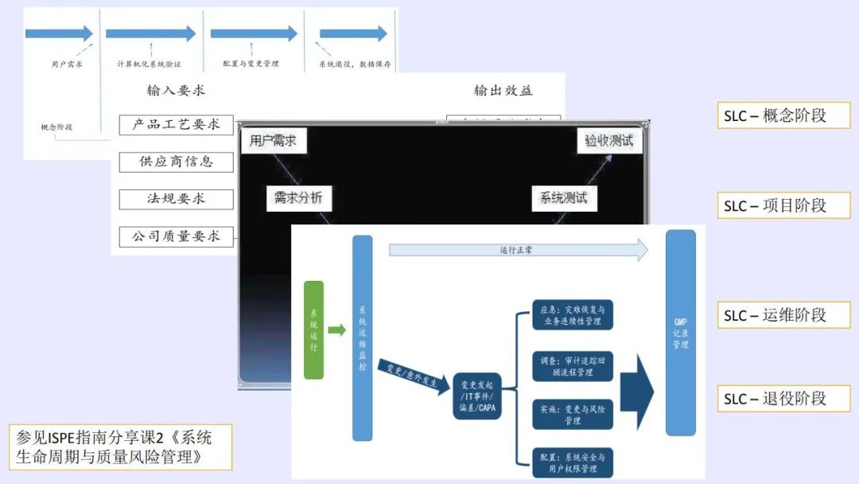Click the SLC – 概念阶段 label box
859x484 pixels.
pos(783,115)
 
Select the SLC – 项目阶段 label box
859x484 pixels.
pos(783,205)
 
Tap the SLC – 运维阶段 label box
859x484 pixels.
pos(783,315)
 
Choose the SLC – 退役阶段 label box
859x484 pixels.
pos(783,398)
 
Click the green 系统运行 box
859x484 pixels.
pos(313,330)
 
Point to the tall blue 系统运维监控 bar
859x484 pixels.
pos(362,338)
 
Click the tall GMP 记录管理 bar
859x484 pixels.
pos(680,333)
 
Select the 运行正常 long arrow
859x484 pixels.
pos(517,250)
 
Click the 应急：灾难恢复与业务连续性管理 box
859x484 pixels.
pos(572,315)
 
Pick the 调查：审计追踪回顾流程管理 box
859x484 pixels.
pos(572,366)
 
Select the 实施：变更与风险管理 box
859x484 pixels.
pos(572,414)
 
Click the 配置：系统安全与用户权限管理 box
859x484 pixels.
pos(572,463)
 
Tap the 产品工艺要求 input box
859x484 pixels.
pos(176,125)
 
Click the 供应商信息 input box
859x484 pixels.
pos(176,162)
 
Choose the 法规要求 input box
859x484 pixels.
pos(176,199)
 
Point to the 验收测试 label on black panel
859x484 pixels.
pos(609,141)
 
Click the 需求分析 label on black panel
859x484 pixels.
pos(298,198)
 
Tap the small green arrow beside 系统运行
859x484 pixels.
pos(336,330)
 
